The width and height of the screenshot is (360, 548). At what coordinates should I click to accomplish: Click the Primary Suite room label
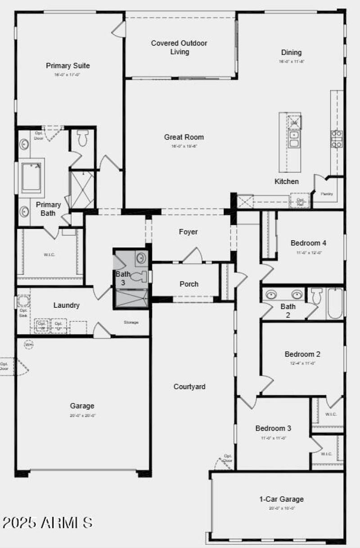click(68, 66)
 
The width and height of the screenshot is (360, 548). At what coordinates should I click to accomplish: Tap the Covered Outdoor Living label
click(179, 47)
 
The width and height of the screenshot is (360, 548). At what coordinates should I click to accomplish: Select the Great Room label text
click(184, 137)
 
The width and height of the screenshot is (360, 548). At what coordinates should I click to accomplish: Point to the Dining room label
click(291, 53)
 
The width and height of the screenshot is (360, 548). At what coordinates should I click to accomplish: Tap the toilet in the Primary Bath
click(82, 139)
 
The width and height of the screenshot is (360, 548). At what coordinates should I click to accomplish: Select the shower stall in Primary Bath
click(82, 189)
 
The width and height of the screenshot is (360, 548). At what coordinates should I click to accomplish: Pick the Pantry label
click(327, 194)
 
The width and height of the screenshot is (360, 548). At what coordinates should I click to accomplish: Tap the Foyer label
click(188, 232)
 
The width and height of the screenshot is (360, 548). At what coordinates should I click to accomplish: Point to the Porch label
click(189, 284)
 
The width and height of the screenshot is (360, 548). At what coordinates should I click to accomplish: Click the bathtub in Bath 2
click(335, 304)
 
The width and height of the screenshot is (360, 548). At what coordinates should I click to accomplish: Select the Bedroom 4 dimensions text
click(308, 252)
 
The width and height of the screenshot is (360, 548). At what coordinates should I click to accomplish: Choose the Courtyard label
click(189, 386)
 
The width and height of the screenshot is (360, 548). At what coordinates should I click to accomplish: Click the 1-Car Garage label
click(281, 499)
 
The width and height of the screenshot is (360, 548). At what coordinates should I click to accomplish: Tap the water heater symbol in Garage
click(29, 345)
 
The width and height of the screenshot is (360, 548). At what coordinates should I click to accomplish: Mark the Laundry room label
click(67, 305)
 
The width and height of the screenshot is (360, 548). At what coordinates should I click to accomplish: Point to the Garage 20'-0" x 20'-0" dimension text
click(83, 416)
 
